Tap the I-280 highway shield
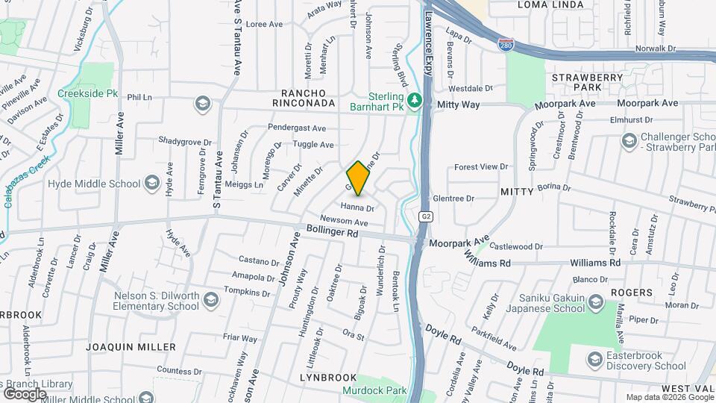506,46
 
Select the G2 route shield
426,217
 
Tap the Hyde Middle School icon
152,184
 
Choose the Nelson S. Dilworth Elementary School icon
211,301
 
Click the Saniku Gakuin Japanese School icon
595,302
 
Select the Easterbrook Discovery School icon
595,360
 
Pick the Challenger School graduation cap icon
629,140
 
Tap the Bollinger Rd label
333,233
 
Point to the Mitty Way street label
459,104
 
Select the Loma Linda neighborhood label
547,5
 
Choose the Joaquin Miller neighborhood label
131,347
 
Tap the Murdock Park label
374,390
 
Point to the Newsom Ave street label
345,222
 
